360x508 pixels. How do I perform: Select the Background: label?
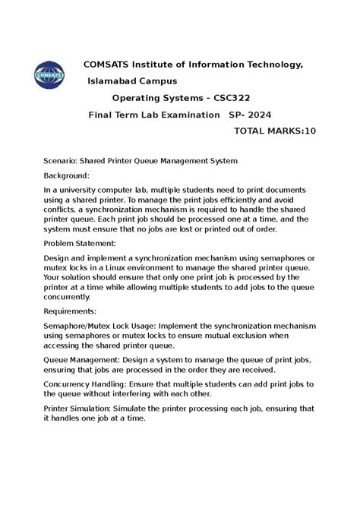point(72,175)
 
